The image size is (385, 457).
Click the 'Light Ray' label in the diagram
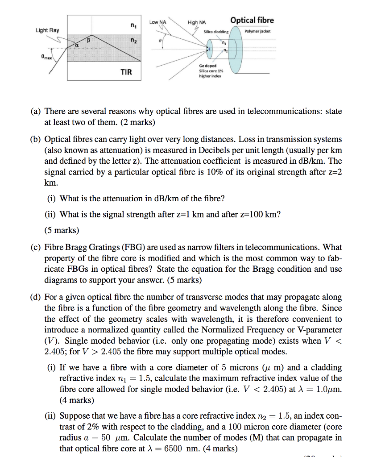pyautogui.click(x=47, y=30)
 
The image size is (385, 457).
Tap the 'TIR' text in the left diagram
pyautogui.click(x=126, y=72)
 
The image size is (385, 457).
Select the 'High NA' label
pyautogui.click(x=197, y=22)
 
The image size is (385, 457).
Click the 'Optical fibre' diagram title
pyautogui.click(x=252, y=20)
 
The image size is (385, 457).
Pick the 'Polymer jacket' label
pyautogui.click(x=258, y=32)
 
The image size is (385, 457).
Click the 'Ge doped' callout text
pyautogui.click(x=207, y=66)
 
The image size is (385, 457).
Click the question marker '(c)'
pyautogui.click(x=36, y=247)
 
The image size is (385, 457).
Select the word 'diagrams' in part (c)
pyautogui.click(x=59, y=280)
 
